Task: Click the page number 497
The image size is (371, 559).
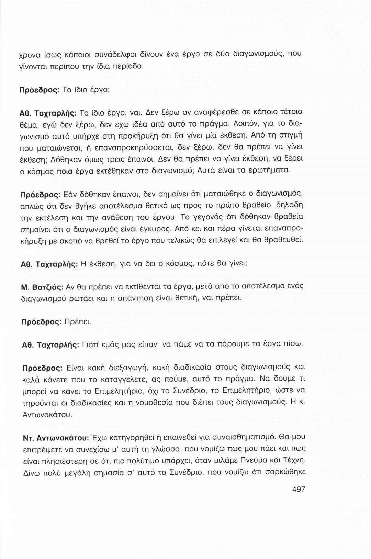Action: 298,489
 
